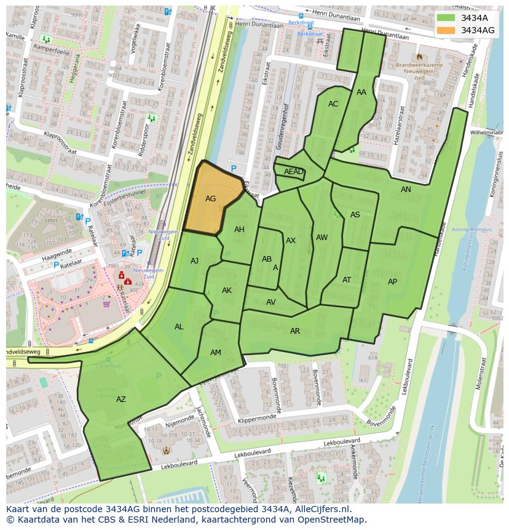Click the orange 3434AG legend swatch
click(x=446, y=30)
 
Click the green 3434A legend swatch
click(x=446, y=18)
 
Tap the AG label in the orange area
click(x=210, y=199)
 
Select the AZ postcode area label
click(x=121, y=400)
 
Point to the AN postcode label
click(x=406, y=190)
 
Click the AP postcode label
click(x=392, y=282)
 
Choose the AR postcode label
click(x=295, y=331)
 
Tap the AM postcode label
click(x=215, y=353)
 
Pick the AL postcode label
click(x=179, y=327)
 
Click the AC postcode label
click(x=333, y=104)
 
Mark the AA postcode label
click(x=361, y=92)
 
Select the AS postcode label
click(x=355, y=215)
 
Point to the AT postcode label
click(x=347, y=280)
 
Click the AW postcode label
click(x=322, y=238)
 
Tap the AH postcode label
click(x=239, y=230)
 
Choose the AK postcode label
click(x=227, y=291)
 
